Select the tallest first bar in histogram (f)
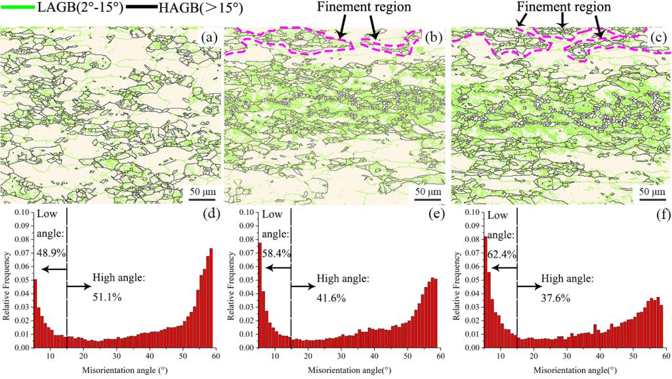point(485,292)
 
